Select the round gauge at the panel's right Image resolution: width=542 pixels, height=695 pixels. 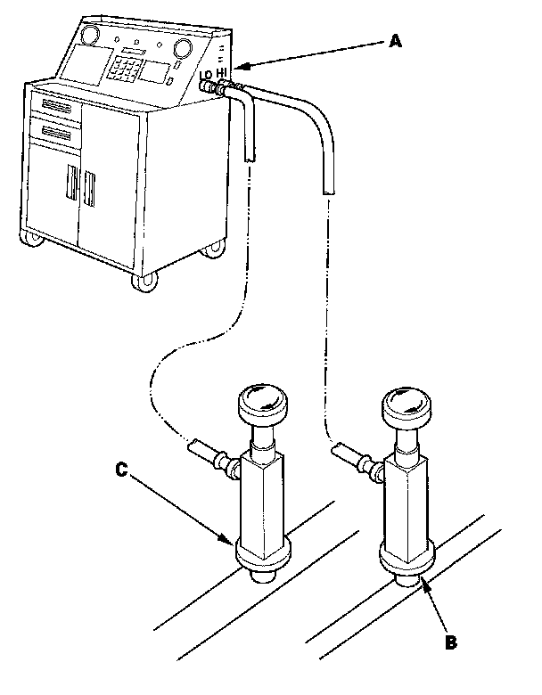pos(185,47)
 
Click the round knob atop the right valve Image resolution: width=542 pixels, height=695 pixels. pos(406,407)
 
